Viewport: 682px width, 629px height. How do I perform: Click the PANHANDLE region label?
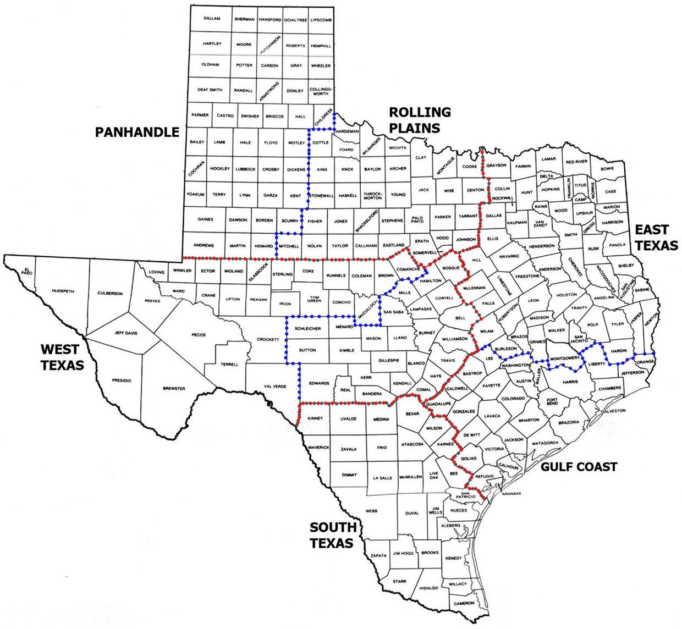(x=137, y=132)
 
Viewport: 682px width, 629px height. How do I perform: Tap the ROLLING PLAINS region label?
(x=420, y=120)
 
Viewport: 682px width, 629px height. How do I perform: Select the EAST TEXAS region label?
(x=656, y=238)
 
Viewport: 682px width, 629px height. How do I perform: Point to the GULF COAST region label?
(x=579, y=467)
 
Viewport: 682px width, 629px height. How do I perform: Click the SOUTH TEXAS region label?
(x=331, y=536)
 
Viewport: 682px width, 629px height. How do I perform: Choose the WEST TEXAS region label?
(x=62, y=356)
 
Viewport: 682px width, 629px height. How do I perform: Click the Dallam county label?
(x=212, y=19)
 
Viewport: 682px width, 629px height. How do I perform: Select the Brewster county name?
(x=174, y=389)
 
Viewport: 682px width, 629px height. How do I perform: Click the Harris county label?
(x=570, y=382)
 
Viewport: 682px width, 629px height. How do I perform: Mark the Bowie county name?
(x=607, y=168)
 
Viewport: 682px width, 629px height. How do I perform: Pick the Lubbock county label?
(x=245, y=169)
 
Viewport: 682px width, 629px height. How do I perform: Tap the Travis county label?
(x=447, y=361)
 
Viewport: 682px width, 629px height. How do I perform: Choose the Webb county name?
(x=372, y=511)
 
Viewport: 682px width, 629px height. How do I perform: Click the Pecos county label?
(x=198, y=334)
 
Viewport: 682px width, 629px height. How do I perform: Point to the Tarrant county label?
(x=469, y=217)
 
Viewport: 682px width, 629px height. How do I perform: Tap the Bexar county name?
(x=411, y=413)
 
